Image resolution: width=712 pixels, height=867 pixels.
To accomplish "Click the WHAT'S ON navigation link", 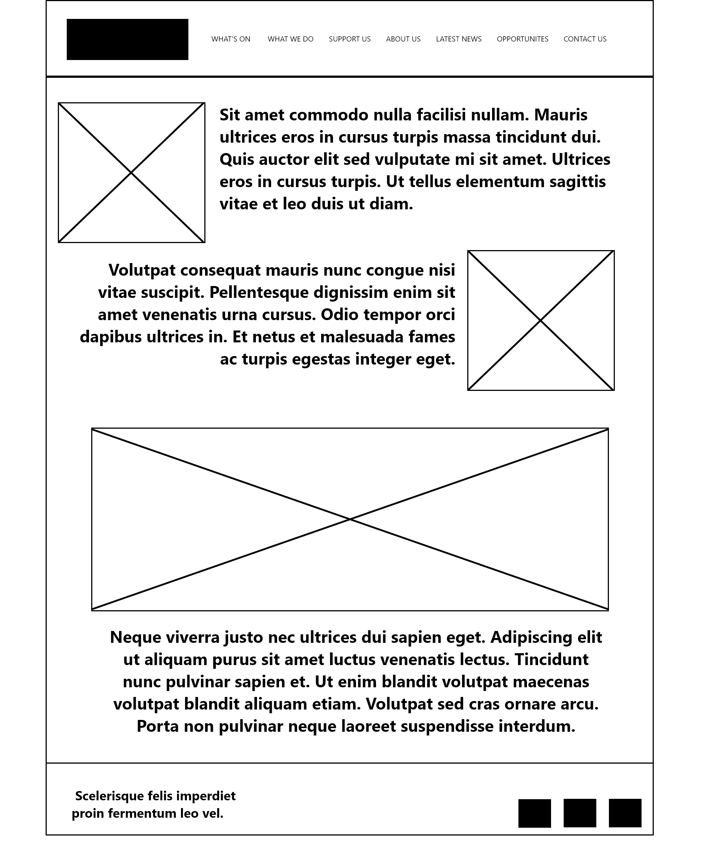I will (x=231, y=39).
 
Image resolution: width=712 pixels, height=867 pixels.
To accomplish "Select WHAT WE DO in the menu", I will (x=290, y=39).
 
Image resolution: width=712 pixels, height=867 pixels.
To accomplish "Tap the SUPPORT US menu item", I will (x=349, y=39).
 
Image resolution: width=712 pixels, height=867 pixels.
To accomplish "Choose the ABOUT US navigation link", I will (x=403, y=39).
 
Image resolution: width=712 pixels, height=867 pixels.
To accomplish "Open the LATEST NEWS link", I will (x=458, y=39).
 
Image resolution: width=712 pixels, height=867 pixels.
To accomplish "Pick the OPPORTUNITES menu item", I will (x=523, y=39).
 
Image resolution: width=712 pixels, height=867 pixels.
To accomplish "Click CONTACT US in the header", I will (x=585, y=39).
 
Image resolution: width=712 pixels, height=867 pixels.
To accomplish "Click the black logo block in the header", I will (x=128, y=39).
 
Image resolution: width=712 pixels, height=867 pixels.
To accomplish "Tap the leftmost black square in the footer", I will (x=534, y=813).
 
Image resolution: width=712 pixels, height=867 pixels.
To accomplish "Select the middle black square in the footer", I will (x=580, y=813).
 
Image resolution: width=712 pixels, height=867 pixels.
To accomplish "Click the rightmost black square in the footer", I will (x=624, y=813).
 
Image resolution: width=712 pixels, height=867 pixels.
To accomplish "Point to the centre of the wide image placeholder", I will (x=350, y=519).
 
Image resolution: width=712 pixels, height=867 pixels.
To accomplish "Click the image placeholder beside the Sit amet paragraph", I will (x=131, y=173).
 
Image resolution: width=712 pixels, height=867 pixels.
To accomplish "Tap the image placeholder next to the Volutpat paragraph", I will (x=541, y=320).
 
